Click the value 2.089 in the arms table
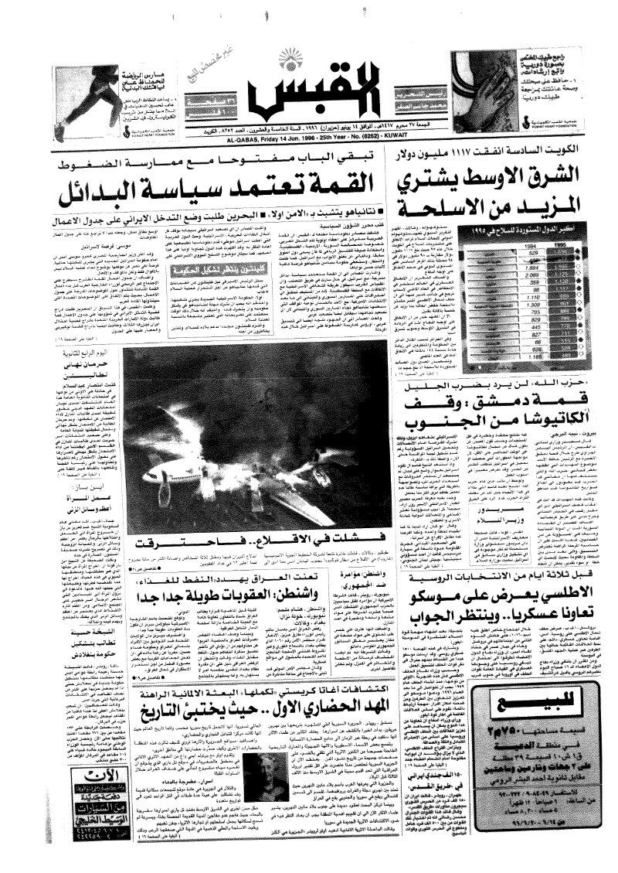(488, 274)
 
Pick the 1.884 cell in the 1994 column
(488, 265)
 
